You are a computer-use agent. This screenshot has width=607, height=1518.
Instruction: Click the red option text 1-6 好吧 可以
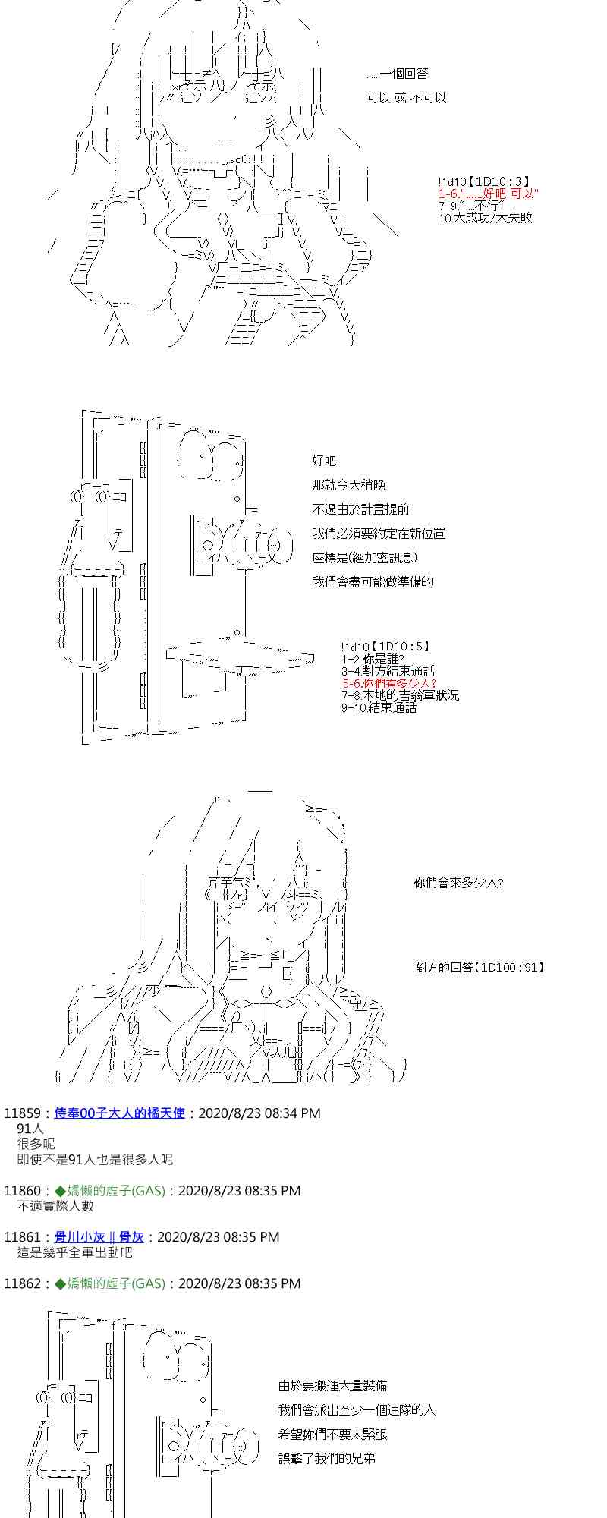[489, 194]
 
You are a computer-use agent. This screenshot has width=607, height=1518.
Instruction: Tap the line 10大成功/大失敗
[485, 218]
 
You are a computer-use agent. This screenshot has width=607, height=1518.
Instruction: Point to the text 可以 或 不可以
[406, 98]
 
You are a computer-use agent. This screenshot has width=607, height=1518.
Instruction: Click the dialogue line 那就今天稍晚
[348, 485]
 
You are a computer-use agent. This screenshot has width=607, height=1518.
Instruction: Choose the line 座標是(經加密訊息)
[365, 558]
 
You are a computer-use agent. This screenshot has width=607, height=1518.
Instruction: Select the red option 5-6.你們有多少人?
[389, 683]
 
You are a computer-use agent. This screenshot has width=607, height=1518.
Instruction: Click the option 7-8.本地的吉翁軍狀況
[400, 695]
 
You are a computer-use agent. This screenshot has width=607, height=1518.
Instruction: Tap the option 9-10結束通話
[379, 707]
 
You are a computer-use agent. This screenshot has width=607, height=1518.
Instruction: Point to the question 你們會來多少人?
[458, 883]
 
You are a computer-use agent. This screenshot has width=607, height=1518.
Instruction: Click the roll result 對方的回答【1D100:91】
[480, 968]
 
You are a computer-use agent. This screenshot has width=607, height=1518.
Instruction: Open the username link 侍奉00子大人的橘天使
[120, 1113]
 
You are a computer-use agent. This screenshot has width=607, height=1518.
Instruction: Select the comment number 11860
[20, 1191]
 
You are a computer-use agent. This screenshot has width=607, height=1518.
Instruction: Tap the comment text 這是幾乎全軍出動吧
[74, 1253]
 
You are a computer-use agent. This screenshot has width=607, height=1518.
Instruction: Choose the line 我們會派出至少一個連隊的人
[357, 1410]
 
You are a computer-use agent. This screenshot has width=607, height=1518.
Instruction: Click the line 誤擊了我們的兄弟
[326, 1459]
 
